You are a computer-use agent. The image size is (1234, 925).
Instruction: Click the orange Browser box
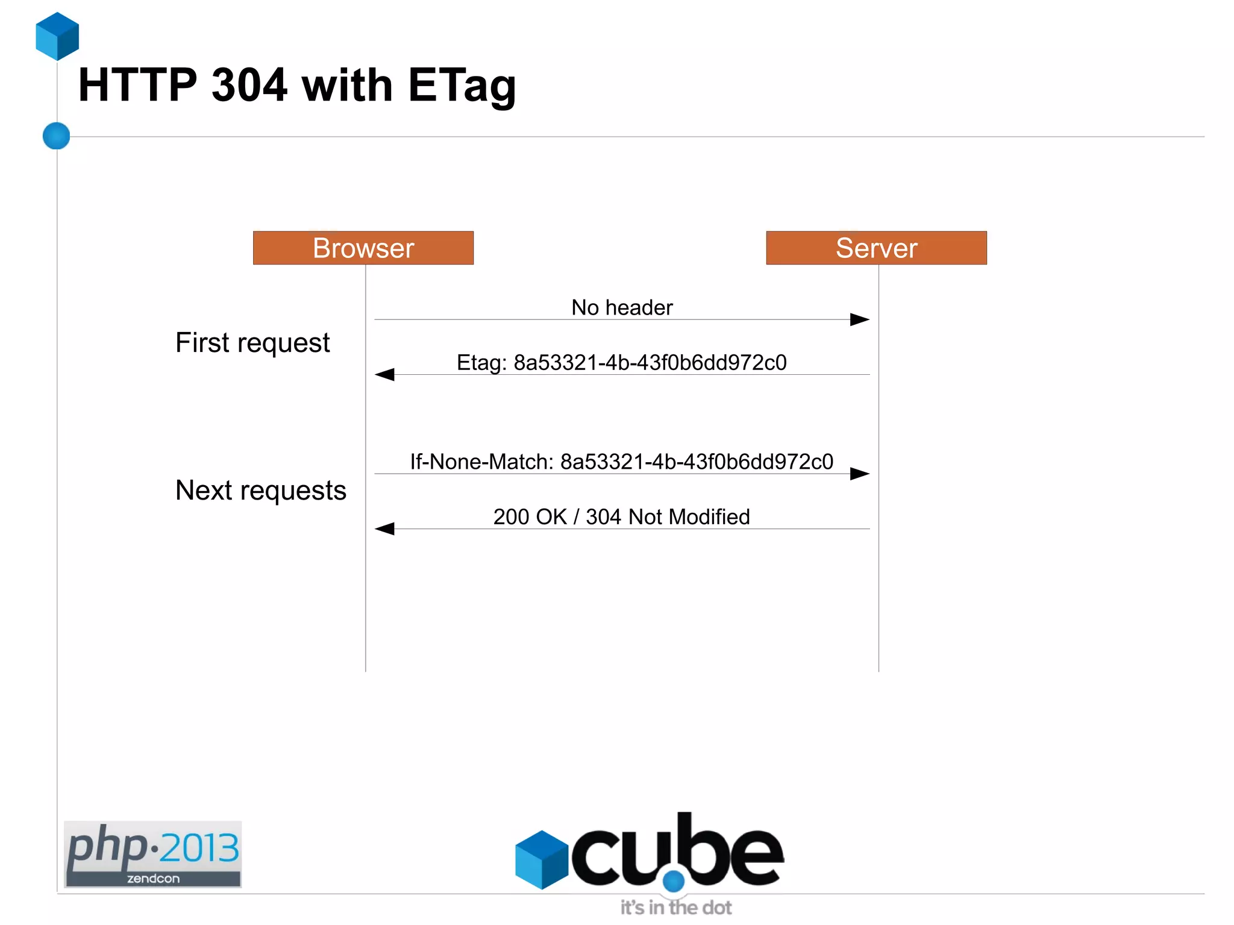point(363,248)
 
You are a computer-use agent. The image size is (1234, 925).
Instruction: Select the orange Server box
point(876,248)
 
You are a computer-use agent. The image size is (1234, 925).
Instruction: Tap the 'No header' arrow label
point(622,307)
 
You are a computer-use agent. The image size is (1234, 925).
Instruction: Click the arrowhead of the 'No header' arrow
point(860,319)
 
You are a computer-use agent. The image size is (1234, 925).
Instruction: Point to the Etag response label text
point(621,362)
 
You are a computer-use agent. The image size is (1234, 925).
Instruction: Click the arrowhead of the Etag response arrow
point(384,375)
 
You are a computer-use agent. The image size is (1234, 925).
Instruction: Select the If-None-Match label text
point(621,462)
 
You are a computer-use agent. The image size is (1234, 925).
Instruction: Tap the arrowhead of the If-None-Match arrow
point(860,474)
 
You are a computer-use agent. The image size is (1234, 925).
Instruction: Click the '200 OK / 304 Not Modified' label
point(621,517)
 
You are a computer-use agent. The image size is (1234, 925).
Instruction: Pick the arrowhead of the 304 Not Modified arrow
point(384,529)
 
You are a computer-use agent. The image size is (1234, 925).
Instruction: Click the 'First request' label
point(252,343)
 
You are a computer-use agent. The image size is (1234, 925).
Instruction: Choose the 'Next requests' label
point(260,491)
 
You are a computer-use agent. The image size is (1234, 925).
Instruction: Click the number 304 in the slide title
point(249,85)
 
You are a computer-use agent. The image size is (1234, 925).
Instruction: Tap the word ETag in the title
point(462,86)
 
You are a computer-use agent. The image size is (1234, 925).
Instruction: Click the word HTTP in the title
point(137,85)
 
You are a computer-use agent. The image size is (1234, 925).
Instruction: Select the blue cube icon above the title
point(57,36)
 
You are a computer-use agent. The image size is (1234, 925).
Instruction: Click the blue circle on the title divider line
point(57,136)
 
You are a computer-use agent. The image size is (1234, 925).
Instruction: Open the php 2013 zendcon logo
point(153,854)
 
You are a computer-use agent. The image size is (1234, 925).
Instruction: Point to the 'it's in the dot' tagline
point(676,908)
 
